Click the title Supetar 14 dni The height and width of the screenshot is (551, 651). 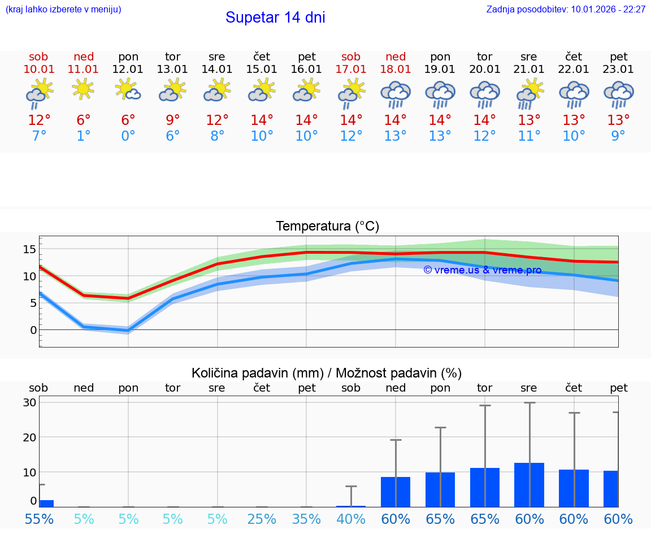click(275, 18)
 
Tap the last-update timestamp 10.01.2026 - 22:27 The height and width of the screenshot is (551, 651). click(608, 10)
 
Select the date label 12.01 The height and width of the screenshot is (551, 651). click(128, 70)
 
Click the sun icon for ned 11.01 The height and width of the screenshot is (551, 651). click(84, 89)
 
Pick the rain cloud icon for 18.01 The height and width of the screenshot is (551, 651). click(396, 94)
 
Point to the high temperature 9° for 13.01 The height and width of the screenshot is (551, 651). click(173, 120)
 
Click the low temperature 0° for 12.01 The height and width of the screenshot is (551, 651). click(128, 136)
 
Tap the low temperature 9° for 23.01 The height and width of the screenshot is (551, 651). click(618, 136)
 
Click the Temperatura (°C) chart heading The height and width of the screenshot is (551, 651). click(327, 227)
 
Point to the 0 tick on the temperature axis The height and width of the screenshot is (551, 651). click(33, 330)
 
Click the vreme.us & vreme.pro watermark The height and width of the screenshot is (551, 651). click(482, 270)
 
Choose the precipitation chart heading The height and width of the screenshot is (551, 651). click(327, 373)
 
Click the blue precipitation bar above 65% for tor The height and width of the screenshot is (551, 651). click(485, 487)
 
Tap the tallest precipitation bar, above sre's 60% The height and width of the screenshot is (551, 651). click(530, 485)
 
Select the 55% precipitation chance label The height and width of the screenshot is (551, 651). click(39, 519)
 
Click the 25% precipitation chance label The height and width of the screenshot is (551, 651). click(262, 519)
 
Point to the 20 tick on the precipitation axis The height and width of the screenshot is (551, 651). click(30, 437)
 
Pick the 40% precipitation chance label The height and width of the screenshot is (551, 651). click(351, 519)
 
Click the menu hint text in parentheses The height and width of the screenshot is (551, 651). click(63, 10)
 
